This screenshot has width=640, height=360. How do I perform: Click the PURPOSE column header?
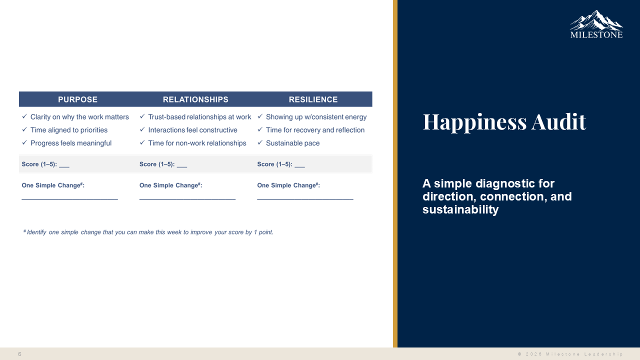pyautogui.click(x=77, y=99)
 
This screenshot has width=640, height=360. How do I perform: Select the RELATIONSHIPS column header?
pyautogui.click(x=195, y=99)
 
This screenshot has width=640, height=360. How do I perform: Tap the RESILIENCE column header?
pyautogui.click(x=313, y=99)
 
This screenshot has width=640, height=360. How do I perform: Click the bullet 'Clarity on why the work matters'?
pyautogui.click(x=79, y=117)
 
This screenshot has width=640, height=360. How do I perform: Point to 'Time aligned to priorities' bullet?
pyautogui.click(x=69, y=130)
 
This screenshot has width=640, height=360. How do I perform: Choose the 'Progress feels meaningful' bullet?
pyautogui.click(x=71, y=143)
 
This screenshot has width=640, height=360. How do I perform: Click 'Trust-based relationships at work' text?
pyautogui.click(x=199, y=117)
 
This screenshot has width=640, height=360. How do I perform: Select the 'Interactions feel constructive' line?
pyautogui.click(x=192, y=130)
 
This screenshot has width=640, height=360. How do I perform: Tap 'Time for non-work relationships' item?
pyautogui.click(x=197, y=143)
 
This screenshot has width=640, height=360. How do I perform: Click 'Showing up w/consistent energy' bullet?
pyautogui.click(x=316, y=117)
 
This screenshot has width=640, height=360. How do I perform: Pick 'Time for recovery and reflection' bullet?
pyautogui.click(x=315, y=130)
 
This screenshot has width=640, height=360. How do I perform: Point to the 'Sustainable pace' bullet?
pyautogui.click(x=292, y=143)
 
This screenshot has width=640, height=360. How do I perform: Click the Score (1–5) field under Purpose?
pyautogui.click(x=64, y=165)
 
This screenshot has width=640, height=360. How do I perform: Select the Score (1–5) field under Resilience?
pyautogui.click(x=299, y=165)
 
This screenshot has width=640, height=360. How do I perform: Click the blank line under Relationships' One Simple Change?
pyautogui.click(x=187, y=199)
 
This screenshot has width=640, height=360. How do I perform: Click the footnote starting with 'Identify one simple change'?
pyautogui.click(x=148, y=232)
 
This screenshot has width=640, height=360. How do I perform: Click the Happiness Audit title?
pyautogui.click(x=504, y=122)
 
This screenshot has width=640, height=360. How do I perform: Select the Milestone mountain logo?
pyautogui.click(x=596, y=24)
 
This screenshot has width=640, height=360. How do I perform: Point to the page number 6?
pyautogui.click(x=19, y=354)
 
